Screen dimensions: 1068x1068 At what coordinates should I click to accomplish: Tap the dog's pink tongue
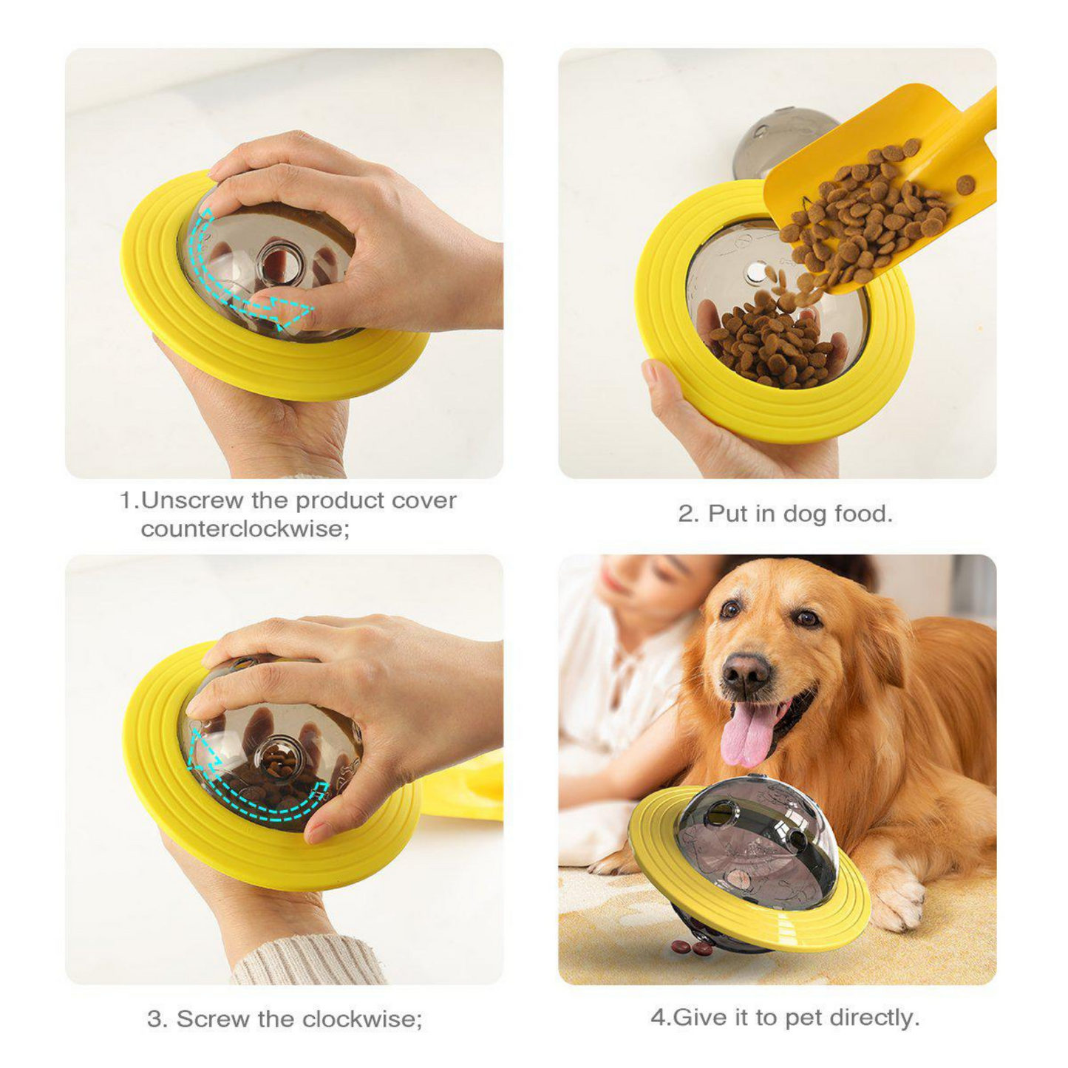[x=742, y=735]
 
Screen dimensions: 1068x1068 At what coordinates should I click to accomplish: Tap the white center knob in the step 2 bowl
[x=755, y=273]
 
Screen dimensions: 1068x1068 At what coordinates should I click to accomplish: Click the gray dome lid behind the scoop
[x=776, y=140]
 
